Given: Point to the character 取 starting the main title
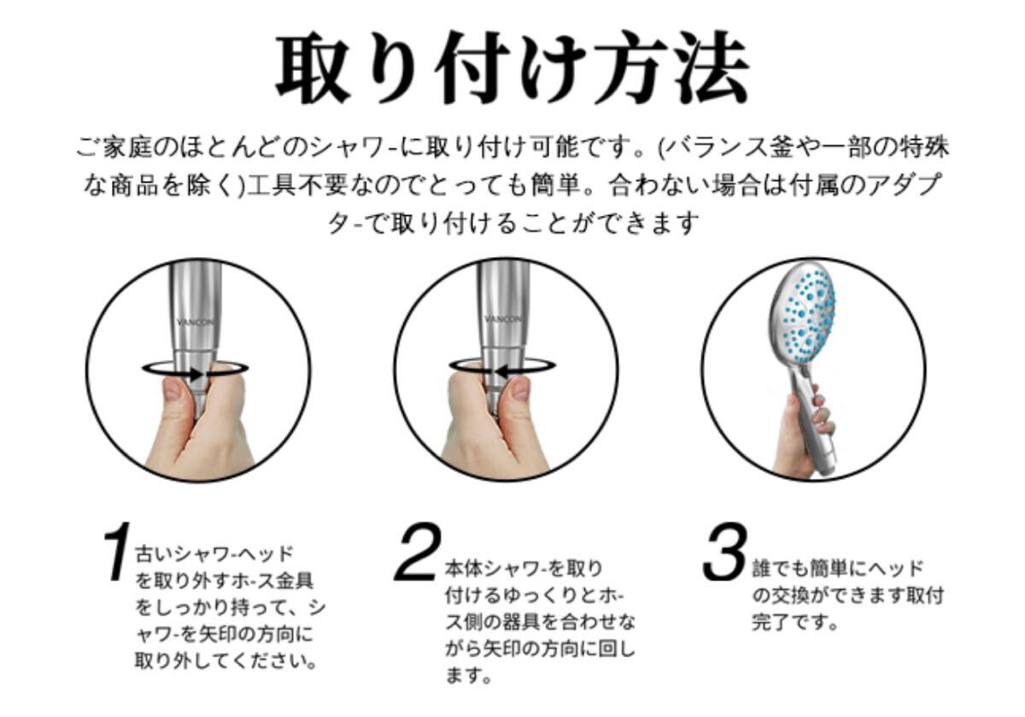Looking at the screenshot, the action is [314, 67].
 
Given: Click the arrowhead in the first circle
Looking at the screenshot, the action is [196, 374].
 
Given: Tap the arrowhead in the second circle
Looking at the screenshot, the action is [502, 371].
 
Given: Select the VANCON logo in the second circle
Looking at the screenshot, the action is [503, 319].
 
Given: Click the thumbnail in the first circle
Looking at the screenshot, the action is [173, 390].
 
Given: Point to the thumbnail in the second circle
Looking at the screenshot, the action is [520, 388].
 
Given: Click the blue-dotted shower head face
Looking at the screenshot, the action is [802, 315].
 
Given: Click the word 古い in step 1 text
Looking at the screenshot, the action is [155, 554].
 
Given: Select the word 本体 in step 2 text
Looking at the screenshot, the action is [465, 568].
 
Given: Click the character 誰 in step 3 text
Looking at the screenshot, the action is [762, 568].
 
